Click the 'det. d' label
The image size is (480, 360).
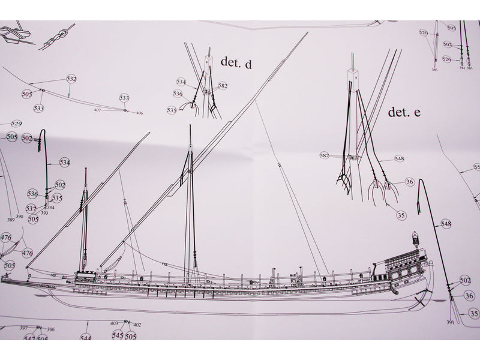(x=236, y=62)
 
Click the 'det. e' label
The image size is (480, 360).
(x=404, y=112)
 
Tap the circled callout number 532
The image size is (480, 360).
(x=71, y=79)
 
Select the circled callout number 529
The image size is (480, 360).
(x=16, y=124)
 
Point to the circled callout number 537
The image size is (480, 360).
(x=31, y=208)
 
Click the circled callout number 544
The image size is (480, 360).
(x=86, y=338)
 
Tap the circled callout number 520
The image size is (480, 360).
(x=424, y=32)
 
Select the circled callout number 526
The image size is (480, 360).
(x=446, y=59)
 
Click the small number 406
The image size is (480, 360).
(x=139, y=113)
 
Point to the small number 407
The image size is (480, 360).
(x=97, y=110)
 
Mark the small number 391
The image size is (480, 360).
(x=449, y=323)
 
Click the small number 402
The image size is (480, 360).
(x=137, y=325)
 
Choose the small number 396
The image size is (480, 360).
(x=51, y=329)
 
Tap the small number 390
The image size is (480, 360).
(x=19, y=216)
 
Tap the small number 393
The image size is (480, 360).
(x=44, y=213)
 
